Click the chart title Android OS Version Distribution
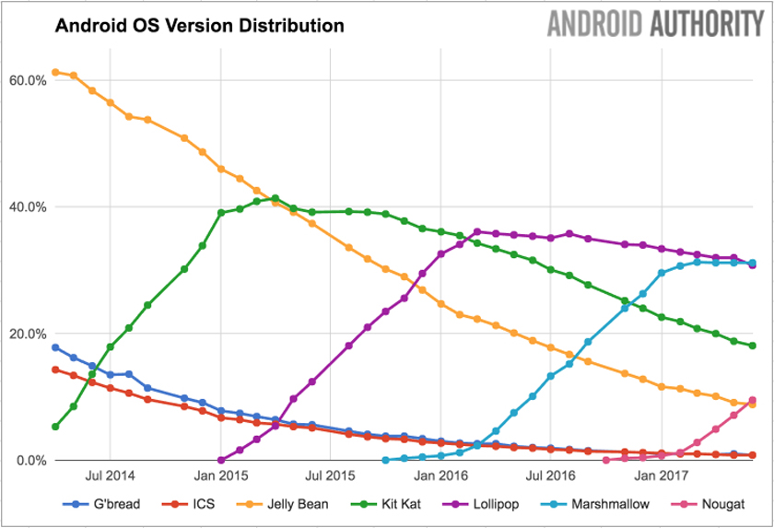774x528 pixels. pos(199,26)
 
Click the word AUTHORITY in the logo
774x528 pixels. pos(711,24)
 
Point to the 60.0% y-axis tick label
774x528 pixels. pos(28,80)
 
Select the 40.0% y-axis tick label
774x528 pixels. pos(28,207)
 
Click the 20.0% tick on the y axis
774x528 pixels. pos(28,334)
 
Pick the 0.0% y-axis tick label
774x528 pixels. pos(30,460)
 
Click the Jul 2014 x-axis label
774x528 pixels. pos(111,476)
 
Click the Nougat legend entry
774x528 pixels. pos(721,504)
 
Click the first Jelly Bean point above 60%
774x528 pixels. pos(55,72)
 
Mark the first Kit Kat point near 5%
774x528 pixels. pos(55,427)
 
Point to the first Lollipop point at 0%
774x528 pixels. pos(221,460)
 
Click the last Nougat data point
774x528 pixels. pos(752,401)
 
